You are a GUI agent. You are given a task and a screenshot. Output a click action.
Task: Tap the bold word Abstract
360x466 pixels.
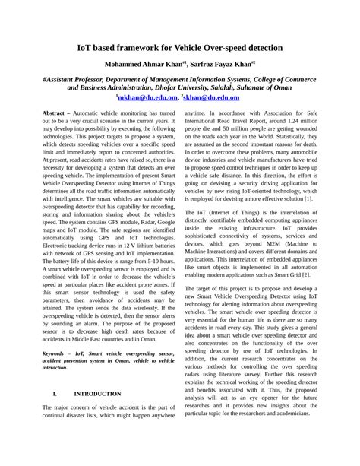click(x=57, y=111)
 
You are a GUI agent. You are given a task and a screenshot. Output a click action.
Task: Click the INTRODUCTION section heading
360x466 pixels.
click(x=97, y=394)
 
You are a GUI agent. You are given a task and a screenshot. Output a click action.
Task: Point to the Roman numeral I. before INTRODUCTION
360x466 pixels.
click(x=56, y=394)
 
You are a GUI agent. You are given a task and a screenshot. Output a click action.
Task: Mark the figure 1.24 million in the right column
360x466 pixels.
click(x=300, y=121)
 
